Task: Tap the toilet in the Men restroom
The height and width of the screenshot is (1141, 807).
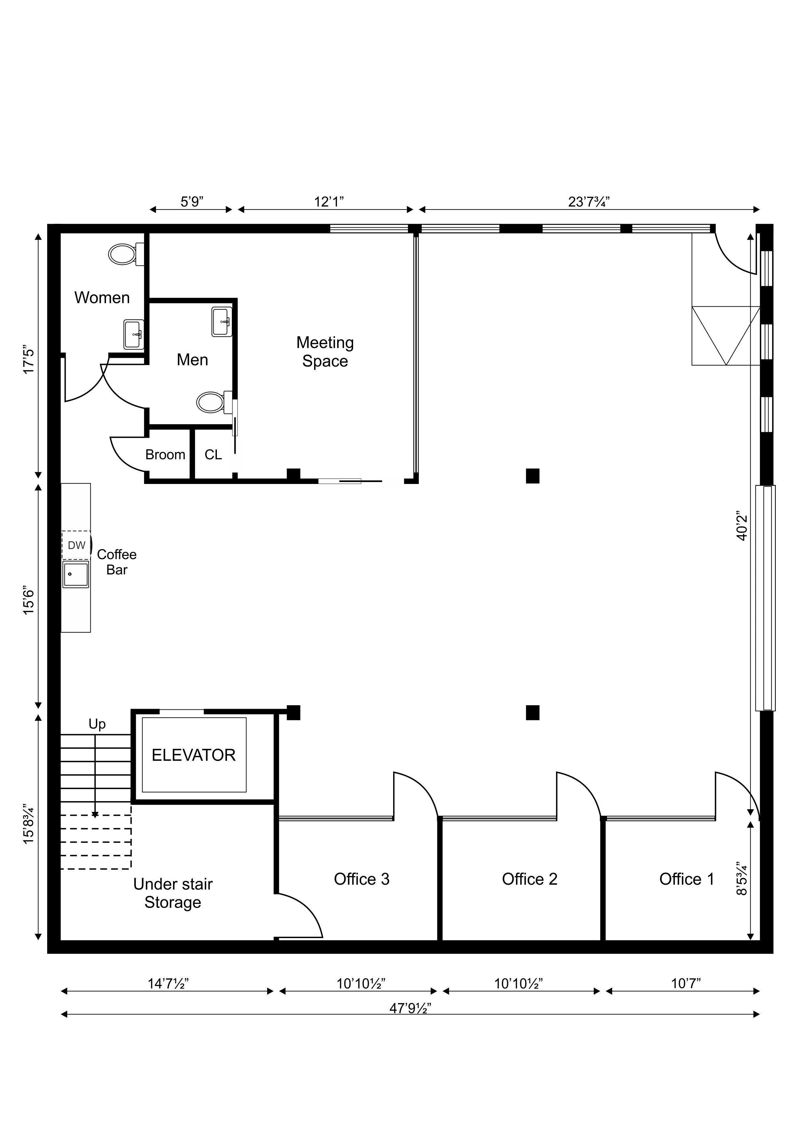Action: [215, 402]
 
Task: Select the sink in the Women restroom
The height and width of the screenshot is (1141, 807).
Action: [134, 334]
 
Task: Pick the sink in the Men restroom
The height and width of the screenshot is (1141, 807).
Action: [222, 322]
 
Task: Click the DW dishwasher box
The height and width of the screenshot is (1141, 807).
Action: [76, 545]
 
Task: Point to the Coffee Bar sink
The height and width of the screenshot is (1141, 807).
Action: [75, 574]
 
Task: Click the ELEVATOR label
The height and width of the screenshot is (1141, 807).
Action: [193, 755]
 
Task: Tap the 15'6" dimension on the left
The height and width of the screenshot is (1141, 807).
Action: [29, 601]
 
